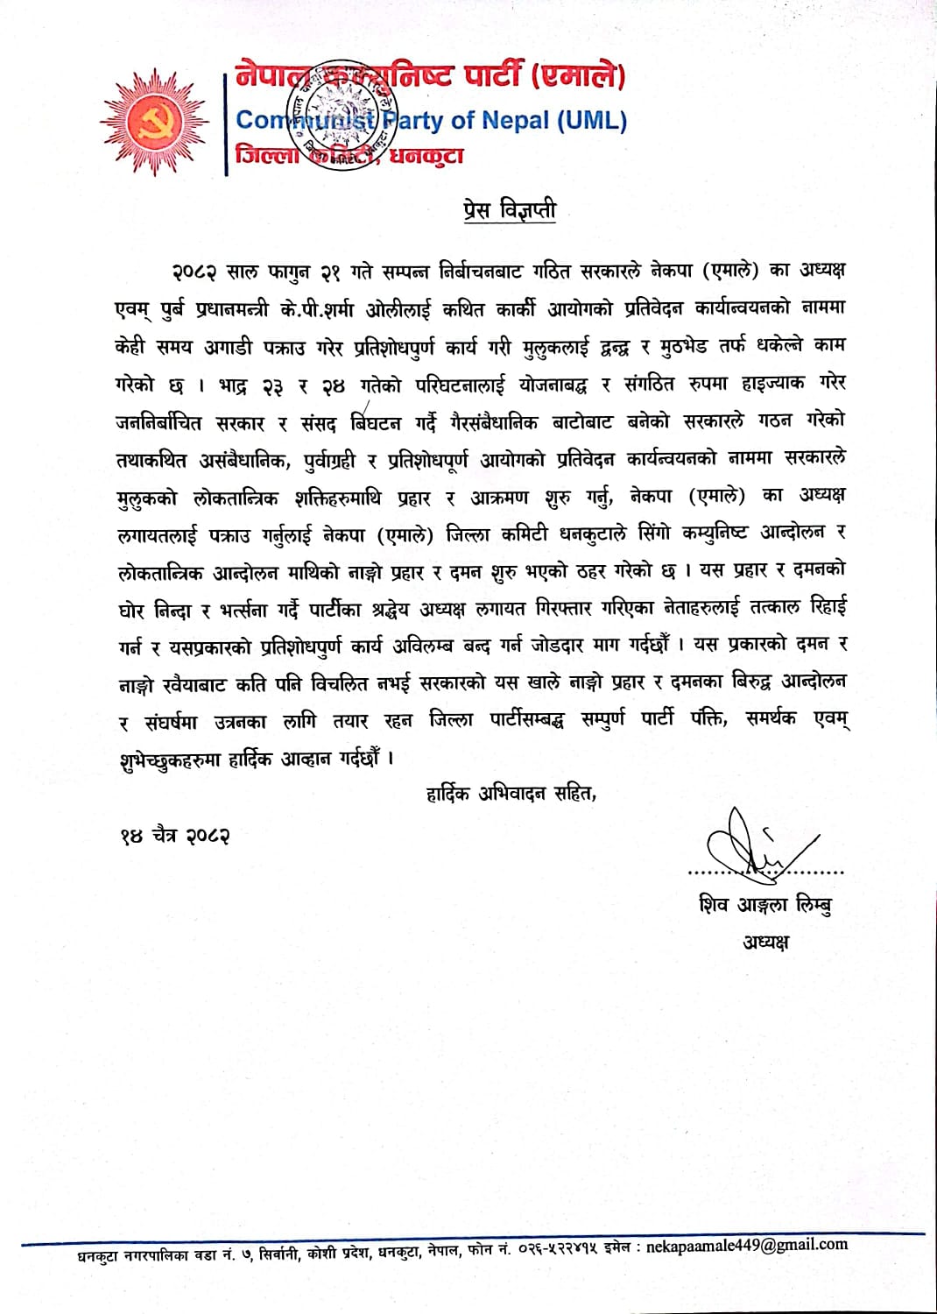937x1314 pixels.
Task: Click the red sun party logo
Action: tap(154, 123)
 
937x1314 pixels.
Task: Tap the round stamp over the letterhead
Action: tap(346, 114)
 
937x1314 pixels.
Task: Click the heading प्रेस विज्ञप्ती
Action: tap(509, 210)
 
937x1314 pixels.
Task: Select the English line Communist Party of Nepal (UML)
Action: tap(431, 120)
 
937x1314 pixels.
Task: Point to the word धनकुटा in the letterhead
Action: tap(426, 157)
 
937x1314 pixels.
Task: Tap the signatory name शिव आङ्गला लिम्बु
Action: tap(764, 905)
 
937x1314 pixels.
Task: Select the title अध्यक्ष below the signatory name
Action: tap(765, 943)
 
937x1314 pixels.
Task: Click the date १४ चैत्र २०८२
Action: tap(175, 836)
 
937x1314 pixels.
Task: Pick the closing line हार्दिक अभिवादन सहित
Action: tap(511, 794)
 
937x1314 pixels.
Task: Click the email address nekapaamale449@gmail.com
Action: tap(747, 1245)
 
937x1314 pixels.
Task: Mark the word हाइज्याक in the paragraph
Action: tap(771, 384)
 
